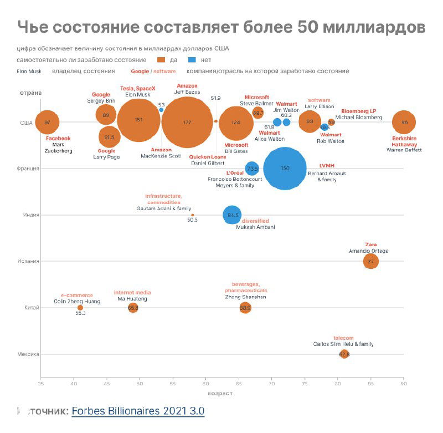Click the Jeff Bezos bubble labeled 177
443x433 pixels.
point(187,122)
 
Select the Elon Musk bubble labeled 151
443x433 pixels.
point(139,120)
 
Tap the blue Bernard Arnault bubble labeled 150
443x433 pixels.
point(285,169)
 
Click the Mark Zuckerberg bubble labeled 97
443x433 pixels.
point(47,122)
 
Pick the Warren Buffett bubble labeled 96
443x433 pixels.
point(404,123)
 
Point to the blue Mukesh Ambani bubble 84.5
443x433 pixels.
point(233,215)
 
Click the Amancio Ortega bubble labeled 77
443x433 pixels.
point(371,261)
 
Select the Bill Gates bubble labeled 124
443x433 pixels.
point(236,123)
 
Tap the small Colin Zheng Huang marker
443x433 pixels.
point(80,308)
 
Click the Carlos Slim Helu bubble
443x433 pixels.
point(344,354)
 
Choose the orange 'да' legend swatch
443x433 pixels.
point(162,60)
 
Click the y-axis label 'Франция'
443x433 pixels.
point(29,169)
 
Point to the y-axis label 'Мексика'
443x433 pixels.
point(29,354)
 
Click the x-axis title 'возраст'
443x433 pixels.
point(220,394)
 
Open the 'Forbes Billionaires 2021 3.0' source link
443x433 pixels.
point(138,411)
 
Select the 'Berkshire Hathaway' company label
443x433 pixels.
point(404,141)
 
